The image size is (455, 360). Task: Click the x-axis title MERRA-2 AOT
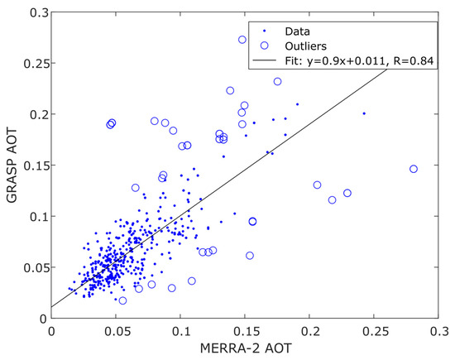pyautogui.click(x=245, y=348)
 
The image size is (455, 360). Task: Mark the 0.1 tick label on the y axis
pyautogui.click(x=33, y=216)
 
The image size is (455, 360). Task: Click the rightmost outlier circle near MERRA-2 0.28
pyautogui.click(x=414, y=169)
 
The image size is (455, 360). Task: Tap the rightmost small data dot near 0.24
pyautogui.click(x=364, y=113)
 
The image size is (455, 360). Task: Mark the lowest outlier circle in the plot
pyautogui.click(x=122, y=300)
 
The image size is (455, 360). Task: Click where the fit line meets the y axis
pyautogui.click(x=50, y=307)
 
